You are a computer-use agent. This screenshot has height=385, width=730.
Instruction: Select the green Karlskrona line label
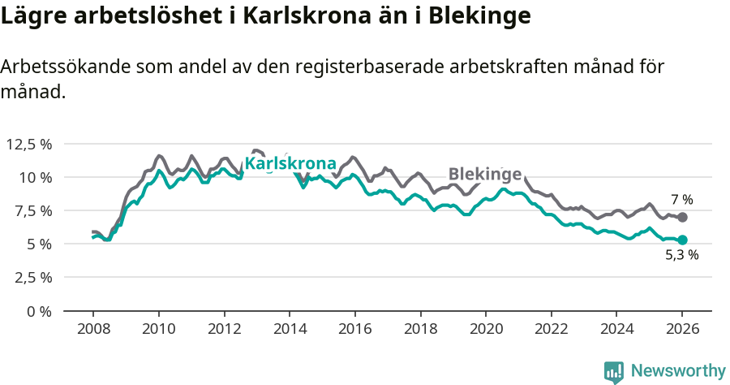(290, 164)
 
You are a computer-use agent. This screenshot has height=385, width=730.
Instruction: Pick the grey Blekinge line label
(485, 174)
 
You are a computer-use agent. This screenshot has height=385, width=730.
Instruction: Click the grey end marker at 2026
(682, 218)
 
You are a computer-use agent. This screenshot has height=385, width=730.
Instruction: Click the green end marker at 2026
(682, 240)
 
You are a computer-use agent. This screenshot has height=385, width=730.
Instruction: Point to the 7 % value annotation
(681, 199)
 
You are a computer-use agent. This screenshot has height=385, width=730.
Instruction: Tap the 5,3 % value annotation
(681, 255)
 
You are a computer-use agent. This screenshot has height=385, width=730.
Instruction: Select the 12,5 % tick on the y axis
(29, 145)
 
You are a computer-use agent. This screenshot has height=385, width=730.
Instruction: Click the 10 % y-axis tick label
(35, 178)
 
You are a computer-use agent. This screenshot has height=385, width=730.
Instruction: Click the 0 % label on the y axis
(39, 311)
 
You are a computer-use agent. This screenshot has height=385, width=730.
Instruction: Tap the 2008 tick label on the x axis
(93, 330)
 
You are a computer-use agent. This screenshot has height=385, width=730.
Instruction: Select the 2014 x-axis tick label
(290, 330)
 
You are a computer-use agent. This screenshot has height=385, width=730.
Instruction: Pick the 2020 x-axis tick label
(486, 330)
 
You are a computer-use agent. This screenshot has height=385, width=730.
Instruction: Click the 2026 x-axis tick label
(682, 330)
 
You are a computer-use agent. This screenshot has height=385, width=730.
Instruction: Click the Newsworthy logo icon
(614, 372)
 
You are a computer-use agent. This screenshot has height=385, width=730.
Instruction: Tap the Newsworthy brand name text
(678, 371)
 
